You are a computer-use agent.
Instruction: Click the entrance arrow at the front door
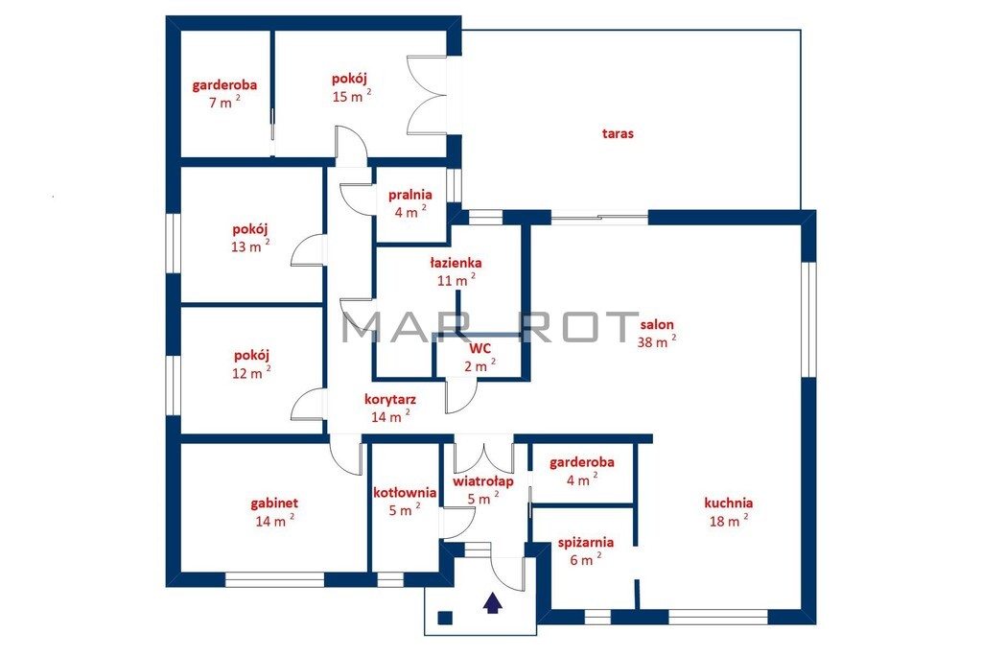point(492,603)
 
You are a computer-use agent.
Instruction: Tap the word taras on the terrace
point(618,133)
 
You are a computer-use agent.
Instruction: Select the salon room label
point(657,324)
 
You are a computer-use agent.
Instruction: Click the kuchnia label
point(729,503)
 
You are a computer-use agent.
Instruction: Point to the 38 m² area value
point(657,341)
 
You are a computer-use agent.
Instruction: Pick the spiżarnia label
point(586,543)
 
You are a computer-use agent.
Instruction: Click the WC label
point(479,349)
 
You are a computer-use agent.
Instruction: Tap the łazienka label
point(456,263)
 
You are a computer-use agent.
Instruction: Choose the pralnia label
point(410,195)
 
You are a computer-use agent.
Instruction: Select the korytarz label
point(390,399)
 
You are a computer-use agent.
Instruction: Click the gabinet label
point(274,503)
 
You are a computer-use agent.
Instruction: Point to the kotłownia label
point(405,493)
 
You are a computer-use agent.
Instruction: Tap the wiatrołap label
point(483,481)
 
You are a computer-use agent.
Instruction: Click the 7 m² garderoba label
point(224,85)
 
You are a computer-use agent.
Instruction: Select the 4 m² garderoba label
point(582,463)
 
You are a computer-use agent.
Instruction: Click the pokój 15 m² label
point(349,79)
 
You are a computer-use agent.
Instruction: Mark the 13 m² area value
point(250,246)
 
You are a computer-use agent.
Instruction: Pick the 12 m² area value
point(252,373)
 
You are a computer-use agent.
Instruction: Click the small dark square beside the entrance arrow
point(445,618)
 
